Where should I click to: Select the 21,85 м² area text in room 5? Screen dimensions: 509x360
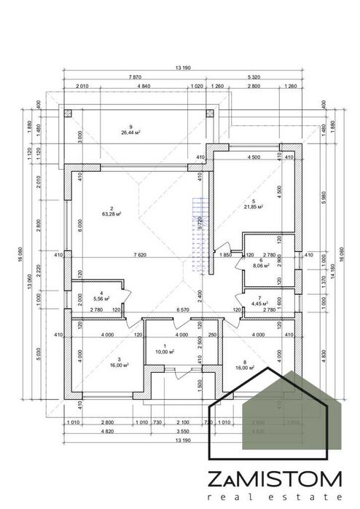coord(252,207)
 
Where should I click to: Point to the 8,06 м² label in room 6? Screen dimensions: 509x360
coord(261,267)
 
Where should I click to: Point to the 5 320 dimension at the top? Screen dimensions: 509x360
coord(255,76)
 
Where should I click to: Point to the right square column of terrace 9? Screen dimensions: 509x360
coord(211,114)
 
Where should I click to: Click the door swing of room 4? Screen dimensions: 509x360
coord(125,298)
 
